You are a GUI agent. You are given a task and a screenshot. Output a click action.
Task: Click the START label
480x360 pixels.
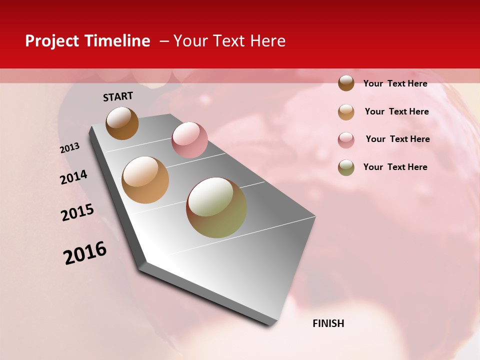pyautogui.click(x=118, y=96)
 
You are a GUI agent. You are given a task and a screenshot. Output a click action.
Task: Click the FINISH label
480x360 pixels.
pyautogui.click(x=328, y=323)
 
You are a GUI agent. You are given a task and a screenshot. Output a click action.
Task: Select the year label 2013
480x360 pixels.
pyautogui.click(x=70, y=147)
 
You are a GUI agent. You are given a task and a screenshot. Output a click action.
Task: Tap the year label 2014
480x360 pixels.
pyautogui.click(x=73, y=177)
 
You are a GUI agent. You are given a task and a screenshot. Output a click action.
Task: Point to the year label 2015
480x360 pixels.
pyautogui.click(x=77, y=212)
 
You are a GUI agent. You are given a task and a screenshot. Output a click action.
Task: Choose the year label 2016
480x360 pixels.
pyautogui.click(x=85, y=252)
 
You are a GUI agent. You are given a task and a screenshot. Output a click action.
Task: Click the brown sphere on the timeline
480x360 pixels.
pyautogui.click(x=122, y=123)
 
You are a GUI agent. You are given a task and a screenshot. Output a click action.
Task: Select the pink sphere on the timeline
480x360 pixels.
pyautogui.click(x=189, y=139)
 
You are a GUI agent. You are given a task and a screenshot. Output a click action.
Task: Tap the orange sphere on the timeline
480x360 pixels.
pyautogui.click(x=145, y=180)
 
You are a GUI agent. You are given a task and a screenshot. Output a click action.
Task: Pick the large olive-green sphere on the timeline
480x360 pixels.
pyautogui.click(x=216, y=207)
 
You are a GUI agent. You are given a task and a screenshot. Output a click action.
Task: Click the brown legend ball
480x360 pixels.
pyautogui.click(x=346, y=83)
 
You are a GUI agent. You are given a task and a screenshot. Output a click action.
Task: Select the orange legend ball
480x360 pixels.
pyautogui.click(x=346, y=112)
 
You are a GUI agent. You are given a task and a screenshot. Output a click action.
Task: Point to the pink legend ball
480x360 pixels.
pyautogui.click(x=346, y=140)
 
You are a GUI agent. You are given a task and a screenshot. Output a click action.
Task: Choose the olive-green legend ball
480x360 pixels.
pyautogui.click(x=346, y=167)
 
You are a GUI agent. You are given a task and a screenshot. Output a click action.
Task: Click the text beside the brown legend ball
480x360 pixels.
pyautogui.click(x=395, y=83)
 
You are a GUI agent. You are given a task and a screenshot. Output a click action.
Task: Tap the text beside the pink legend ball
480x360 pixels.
pyautogui.click(x=397, y=139)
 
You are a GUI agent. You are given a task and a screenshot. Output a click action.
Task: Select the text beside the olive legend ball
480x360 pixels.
pyautogui.click(x=395, y=167)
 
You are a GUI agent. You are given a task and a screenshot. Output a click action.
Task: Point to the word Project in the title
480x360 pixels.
pyautogui.click(x=51, y=41)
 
